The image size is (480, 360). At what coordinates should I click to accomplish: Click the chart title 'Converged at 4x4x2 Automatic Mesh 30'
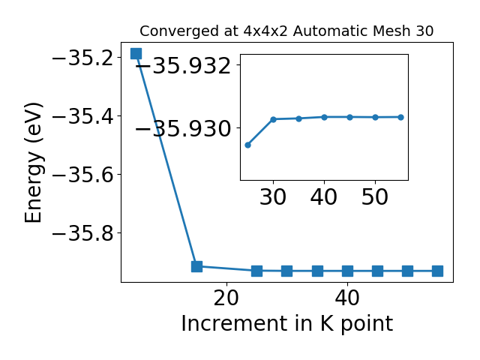coord(286,31)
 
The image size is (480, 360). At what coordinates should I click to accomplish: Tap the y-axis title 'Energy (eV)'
coord(33,163)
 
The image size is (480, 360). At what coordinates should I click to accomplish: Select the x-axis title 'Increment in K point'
coord(286,323)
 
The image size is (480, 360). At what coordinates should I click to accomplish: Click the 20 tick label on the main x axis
coord(226,298)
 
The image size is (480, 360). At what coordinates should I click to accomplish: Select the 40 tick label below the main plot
coord(347,298)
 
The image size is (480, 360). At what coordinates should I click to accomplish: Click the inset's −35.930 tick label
coord(183,128)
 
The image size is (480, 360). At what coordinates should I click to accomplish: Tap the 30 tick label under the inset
coord(273,196)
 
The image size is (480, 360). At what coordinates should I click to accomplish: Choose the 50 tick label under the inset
coord(375,196)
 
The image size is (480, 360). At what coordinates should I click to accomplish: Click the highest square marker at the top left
coord(136,53)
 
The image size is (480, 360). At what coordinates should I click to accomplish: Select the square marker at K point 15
coord(196,266)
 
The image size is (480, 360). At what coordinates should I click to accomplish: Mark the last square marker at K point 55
coord(437,271)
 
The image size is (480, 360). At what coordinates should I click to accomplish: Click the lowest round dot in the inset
coord(248,145)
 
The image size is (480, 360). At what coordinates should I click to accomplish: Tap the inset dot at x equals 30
coord(273,119)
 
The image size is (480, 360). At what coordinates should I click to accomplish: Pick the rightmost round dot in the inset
coord(400,117)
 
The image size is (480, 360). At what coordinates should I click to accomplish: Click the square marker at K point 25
coord(256,271)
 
